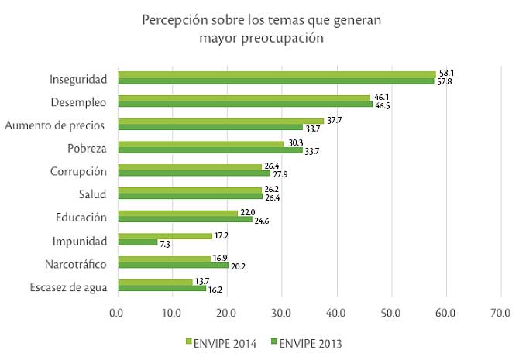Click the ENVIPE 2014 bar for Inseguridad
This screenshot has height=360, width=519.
276,74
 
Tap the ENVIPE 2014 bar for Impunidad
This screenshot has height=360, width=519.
164,236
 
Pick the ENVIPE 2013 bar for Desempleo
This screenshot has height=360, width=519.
244,104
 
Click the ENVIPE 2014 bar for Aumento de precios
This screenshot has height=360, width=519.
220,121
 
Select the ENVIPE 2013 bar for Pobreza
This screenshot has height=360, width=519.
209,150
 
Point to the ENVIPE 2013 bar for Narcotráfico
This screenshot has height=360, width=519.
172,266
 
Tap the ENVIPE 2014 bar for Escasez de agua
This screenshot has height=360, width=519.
154,282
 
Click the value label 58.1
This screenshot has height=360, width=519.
445,73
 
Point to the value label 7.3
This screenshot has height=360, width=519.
164,243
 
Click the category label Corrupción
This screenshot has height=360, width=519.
79,170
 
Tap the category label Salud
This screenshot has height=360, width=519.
93,194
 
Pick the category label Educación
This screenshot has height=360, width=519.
81,217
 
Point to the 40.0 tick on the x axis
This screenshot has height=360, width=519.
336,313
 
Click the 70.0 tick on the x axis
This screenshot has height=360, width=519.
500,313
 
